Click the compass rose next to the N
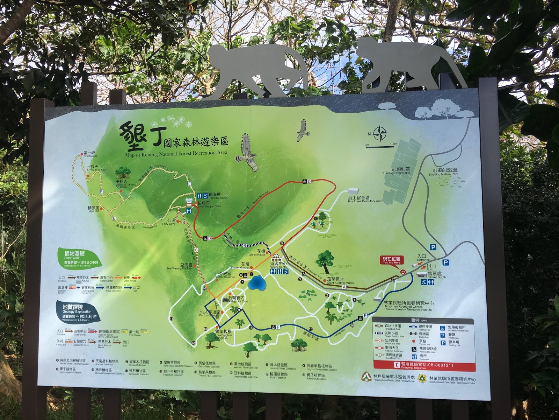coord(380,134)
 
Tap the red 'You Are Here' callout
coord(391,260)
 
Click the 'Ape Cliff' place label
coord(94,209)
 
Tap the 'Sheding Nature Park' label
coord(443,172)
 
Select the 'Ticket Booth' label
coord(437,275)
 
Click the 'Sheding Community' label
coord(396,171)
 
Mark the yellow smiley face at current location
coord(403,272)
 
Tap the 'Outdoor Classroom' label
coord(225,275)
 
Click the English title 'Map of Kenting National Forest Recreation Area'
coord(176,153)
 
